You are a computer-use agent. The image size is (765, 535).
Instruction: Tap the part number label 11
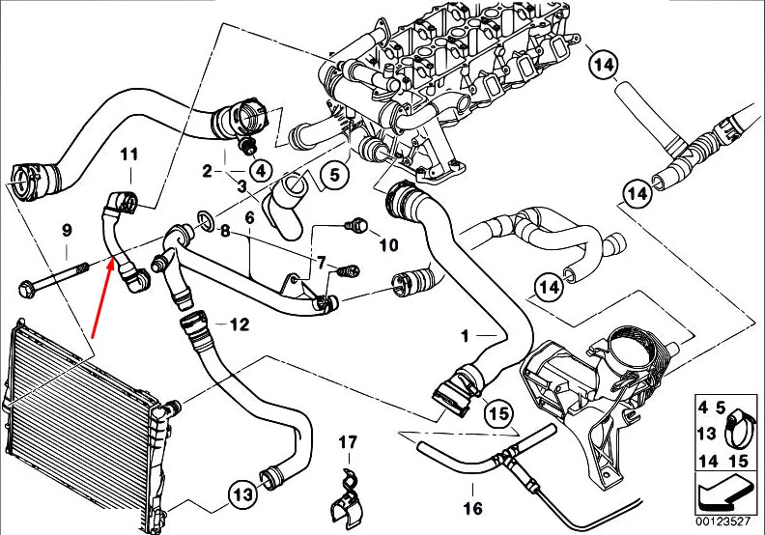click(129, 154)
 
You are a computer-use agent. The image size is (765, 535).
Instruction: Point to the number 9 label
click(67, 230)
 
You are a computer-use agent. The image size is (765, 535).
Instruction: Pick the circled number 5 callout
click(333, 175)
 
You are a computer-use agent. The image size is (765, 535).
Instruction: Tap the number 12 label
click(240, 324)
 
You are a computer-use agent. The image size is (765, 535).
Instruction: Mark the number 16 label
click(471, 508)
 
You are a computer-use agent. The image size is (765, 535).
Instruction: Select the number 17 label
click(348, 443)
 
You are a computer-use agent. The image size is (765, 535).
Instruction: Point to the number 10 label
click(388, 245)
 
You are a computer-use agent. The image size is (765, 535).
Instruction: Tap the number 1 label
click(465, 337)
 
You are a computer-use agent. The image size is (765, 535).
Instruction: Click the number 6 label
click(249, 219)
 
